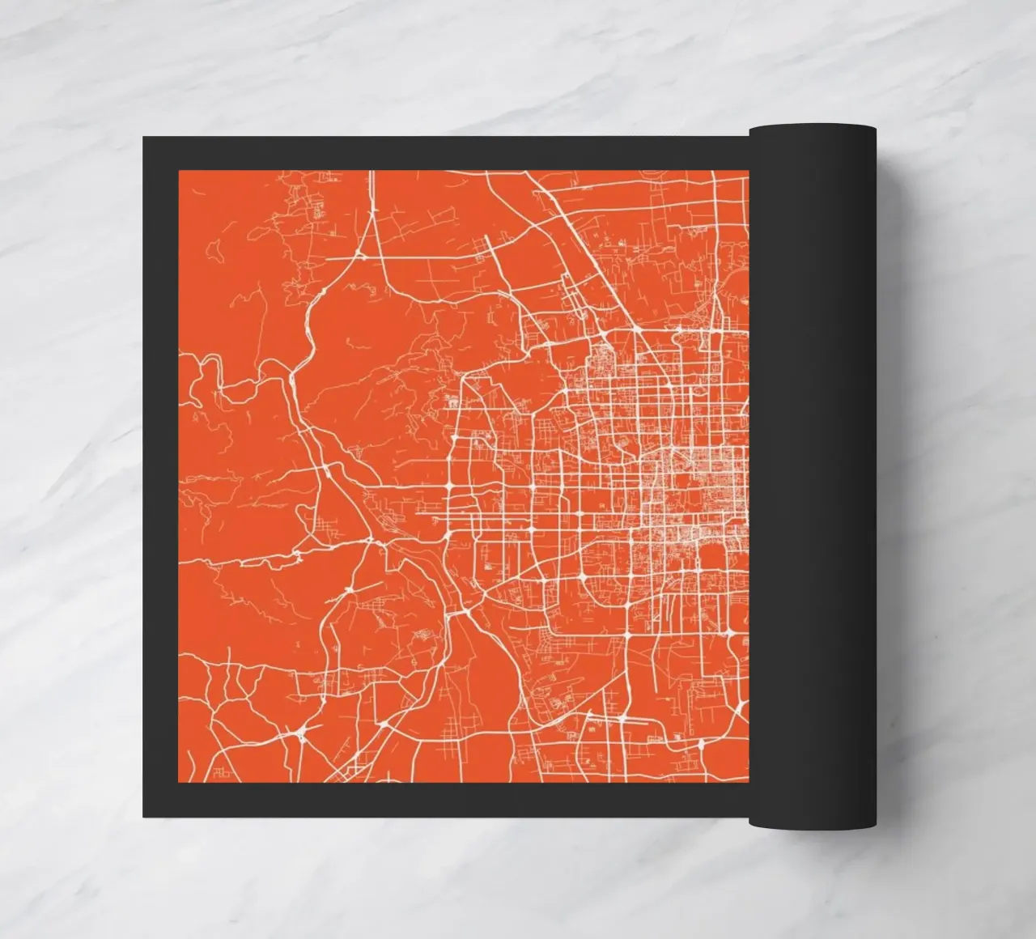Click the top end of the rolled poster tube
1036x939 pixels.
(x=813, y=130)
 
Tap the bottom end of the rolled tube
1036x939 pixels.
(x=813, y=823)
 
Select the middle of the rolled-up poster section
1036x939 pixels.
(x=813, y=478)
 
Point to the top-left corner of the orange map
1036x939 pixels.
(x=179, y=172)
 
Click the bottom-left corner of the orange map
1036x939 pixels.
(x=179, y=782)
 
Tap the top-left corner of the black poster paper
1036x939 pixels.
(x=144, y=138)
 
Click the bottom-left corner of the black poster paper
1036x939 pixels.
(x=144, y=816)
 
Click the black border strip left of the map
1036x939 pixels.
(x=160, y=478)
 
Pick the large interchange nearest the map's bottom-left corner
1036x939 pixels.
(x=301, y=733)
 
